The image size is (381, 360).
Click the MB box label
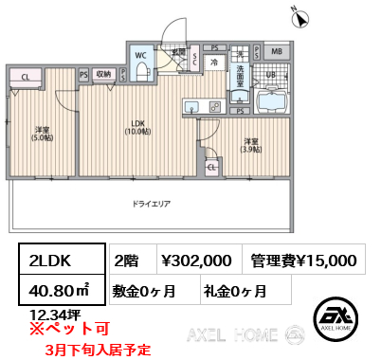276,51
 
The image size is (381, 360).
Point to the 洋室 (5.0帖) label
42,134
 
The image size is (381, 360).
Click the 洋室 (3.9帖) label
249,146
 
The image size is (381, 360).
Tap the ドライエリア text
152,204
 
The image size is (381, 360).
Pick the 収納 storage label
103,73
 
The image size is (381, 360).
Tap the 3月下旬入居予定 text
98,350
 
